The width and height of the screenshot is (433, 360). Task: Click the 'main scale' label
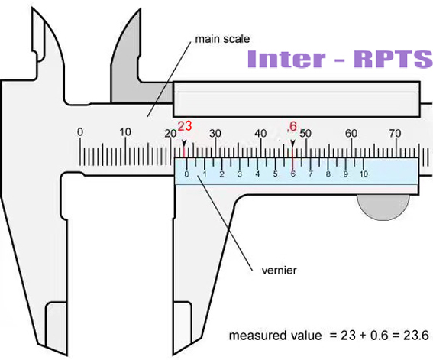click(222, 39)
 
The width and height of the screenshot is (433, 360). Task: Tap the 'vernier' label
click(279, 271)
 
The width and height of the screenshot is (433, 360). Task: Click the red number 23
click(185, 126)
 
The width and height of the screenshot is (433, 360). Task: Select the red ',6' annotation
click(292, 126)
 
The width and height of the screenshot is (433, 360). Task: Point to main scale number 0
click(80, 132)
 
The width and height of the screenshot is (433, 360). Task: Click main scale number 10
click(125, 132)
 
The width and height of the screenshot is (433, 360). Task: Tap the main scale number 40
click(260, 134)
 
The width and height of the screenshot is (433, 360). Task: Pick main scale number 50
click(305, 134)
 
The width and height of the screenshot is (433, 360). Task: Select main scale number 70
click(395, 134)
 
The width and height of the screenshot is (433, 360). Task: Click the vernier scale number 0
click(186, 174)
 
